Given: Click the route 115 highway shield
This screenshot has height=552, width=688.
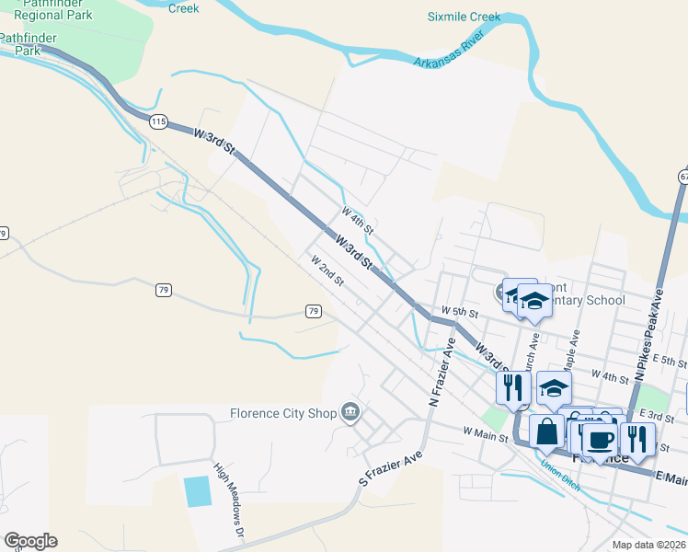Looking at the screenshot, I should click(158, 121).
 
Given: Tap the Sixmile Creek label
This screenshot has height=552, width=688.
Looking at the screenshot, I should click(464, 17).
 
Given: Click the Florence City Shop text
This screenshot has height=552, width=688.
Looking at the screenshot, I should click(282, 413).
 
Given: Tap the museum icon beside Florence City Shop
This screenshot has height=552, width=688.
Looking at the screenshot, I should click(350, 412).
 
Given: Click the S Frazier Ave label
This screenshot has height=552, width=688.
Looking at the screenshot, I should click(390, 467).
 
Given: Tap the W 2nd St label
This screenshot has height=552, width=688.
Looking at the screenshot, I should click(327, 270).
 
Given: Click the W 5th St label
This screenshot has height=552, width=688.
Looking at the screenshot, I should click(460, 312).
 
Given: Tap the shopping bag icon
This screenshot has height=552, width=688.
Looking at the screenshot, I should click(546, 431).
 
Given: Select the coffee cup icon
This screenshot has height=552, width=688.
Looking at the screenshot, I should click(600, 441).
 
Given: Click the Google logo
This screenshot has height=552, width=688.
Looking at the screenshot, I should click(30, 541).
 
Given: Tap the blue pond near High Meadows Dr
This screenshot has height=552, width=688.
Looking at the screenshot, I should click(197, 492).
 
